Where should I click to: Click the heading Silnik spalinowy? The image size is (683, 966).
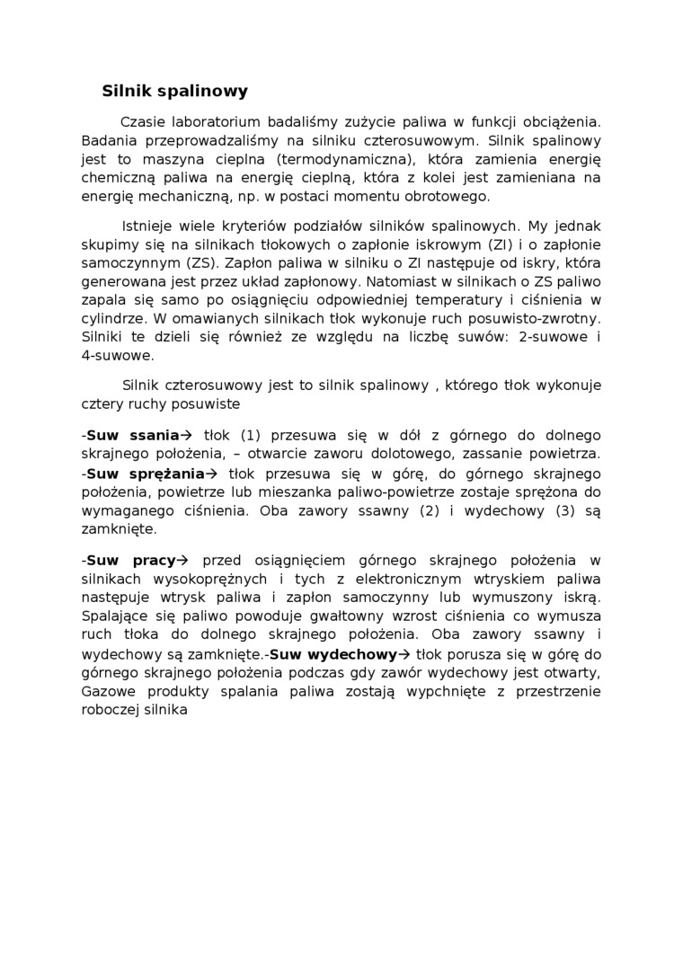[174, 91]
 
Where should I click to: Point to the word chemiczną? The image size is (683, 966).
[116, 178]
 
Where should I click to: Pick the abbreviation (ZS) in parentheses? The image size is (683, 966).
[197, 263]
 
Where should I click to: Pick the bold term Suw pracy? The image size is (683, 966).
[131, 560]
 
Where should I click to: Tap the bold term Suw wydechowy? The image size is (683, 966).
[333, 654]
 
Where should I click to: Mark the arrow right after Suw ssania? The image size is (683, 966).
[188, 436]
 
